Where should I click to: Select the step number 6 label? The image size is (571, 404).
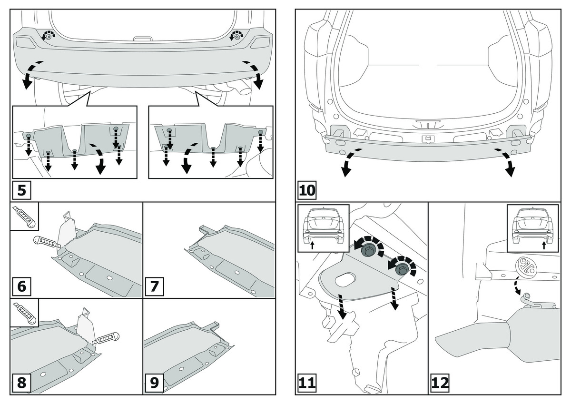(x=21, y=287)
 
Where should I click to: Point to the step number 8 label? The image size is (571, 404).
(x=21, y=383)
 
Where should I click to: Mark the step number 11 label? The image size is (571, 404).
(x=307, y=383)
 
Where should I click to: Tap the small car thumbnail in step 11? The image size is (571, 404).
(x=323, y=228)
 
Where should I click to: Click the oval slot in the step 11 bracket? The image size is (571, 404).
(x=346, y=280)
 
